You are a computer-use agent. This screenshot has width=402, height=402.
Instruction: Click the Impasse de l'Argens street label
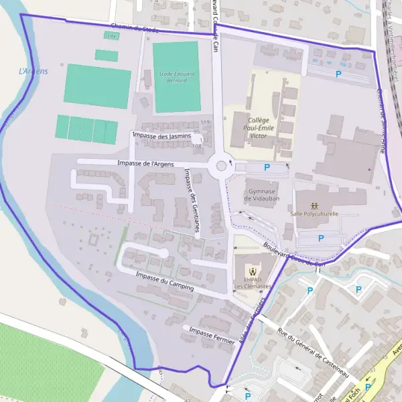click(145, 163)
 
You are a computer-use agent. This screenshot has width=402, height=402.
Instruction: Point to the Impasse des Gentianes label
click(191, 200)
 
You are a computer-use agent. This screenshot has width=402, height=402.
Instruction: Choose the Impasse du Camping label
click(164, 281)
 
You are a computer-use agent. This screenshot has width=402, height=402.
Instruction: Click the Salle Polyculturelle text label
click(315, 214)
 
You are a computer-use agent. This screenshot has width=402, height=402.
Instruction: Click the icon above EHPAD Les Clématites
click(251, 271)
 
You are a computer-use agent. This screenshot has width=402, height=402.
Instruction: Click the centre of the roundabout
click(221, 165)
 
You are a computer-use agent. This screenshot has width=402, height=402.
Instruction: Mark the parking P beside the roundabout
click(267, 167)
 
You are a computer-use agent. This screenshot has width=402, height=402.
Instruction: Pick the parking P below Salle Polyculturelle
click(320, 238)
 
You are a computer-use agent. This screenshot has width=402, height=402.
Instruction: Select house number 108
click(197, 145)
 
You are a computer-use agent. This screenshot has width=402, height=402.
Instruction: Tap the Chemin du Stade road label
click(134, 28)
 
